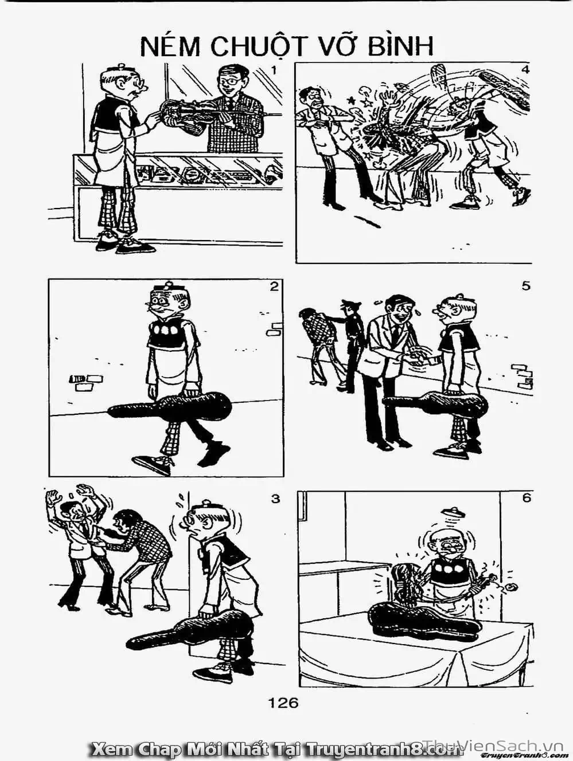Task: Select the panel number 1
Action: (x=274, y=70)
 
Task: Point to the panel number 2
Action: (x=274, y=287)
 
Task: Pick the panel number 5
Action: (x=526, y=287)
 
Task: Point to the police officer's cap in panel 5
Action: (x=351, y=303)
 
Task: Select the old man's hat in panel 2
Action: (x=167, y=287)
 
